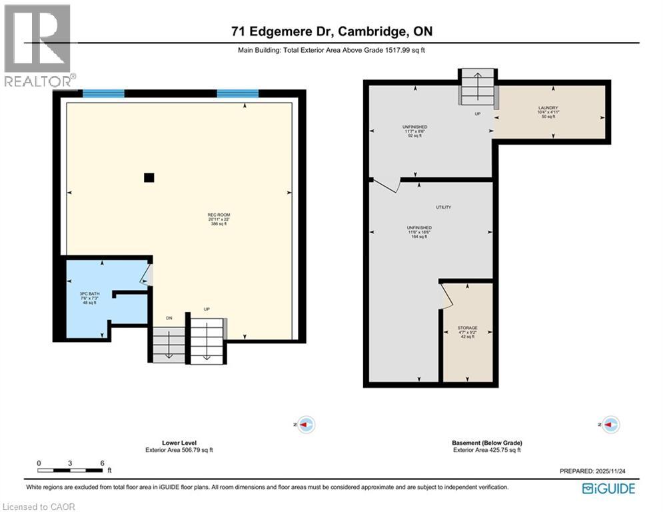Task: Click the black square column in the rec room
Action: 149,177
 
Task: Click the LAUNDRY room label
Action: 548,108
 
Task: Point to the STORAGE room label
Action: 467,328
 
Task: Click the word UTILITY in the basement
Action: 443,207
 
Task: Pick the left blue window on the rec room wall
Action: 103,94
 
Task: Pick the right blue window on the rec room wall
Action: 238,94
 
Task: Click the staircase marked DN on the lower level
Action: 169,345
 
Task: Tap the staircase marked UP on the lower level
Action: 207,340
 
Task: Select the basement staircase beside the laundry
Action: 477,87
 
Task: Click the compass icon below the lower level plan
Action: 306,424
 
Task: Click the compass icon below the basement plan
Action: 610,424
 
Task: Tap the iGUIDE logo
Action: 608,489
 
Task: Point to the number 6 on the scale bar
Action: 102,463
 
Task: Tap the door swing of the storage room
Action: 446,296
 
